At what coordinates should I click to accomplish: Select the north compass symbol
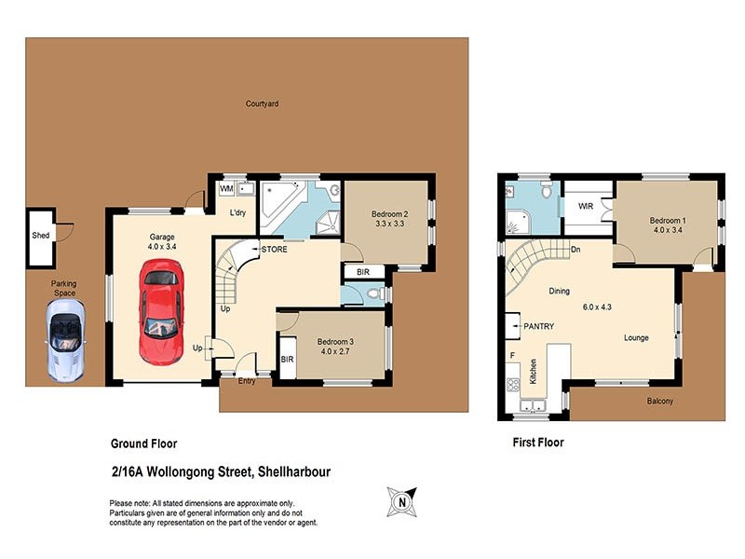coord(402,502)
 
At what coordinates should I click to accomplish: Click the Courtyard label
coord(262,103)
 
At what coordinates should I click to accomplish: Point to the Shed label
coord(40,237)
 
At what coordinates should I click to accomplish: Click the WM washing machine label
coord(225,189)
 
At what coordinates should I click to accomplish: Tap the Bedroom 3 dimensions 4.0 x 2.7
coord(335,352)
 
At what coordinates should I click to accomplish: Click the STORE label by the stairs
coord(274,250)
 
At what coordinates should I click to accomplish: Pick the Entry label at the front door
coord(247,380)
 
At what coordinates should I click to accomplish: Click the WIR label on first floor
coord(587,206)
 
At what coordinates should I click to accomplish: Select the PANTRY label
coord(539,327)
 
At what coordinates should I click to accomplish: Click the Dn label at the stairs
coord(576,249)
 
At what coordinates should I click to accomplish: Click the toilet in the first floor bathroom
coord(548,196)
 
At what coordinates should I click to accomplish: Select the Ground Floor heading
coord(144,443)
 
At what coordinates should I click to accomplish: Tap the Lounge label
coord(636,337)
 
